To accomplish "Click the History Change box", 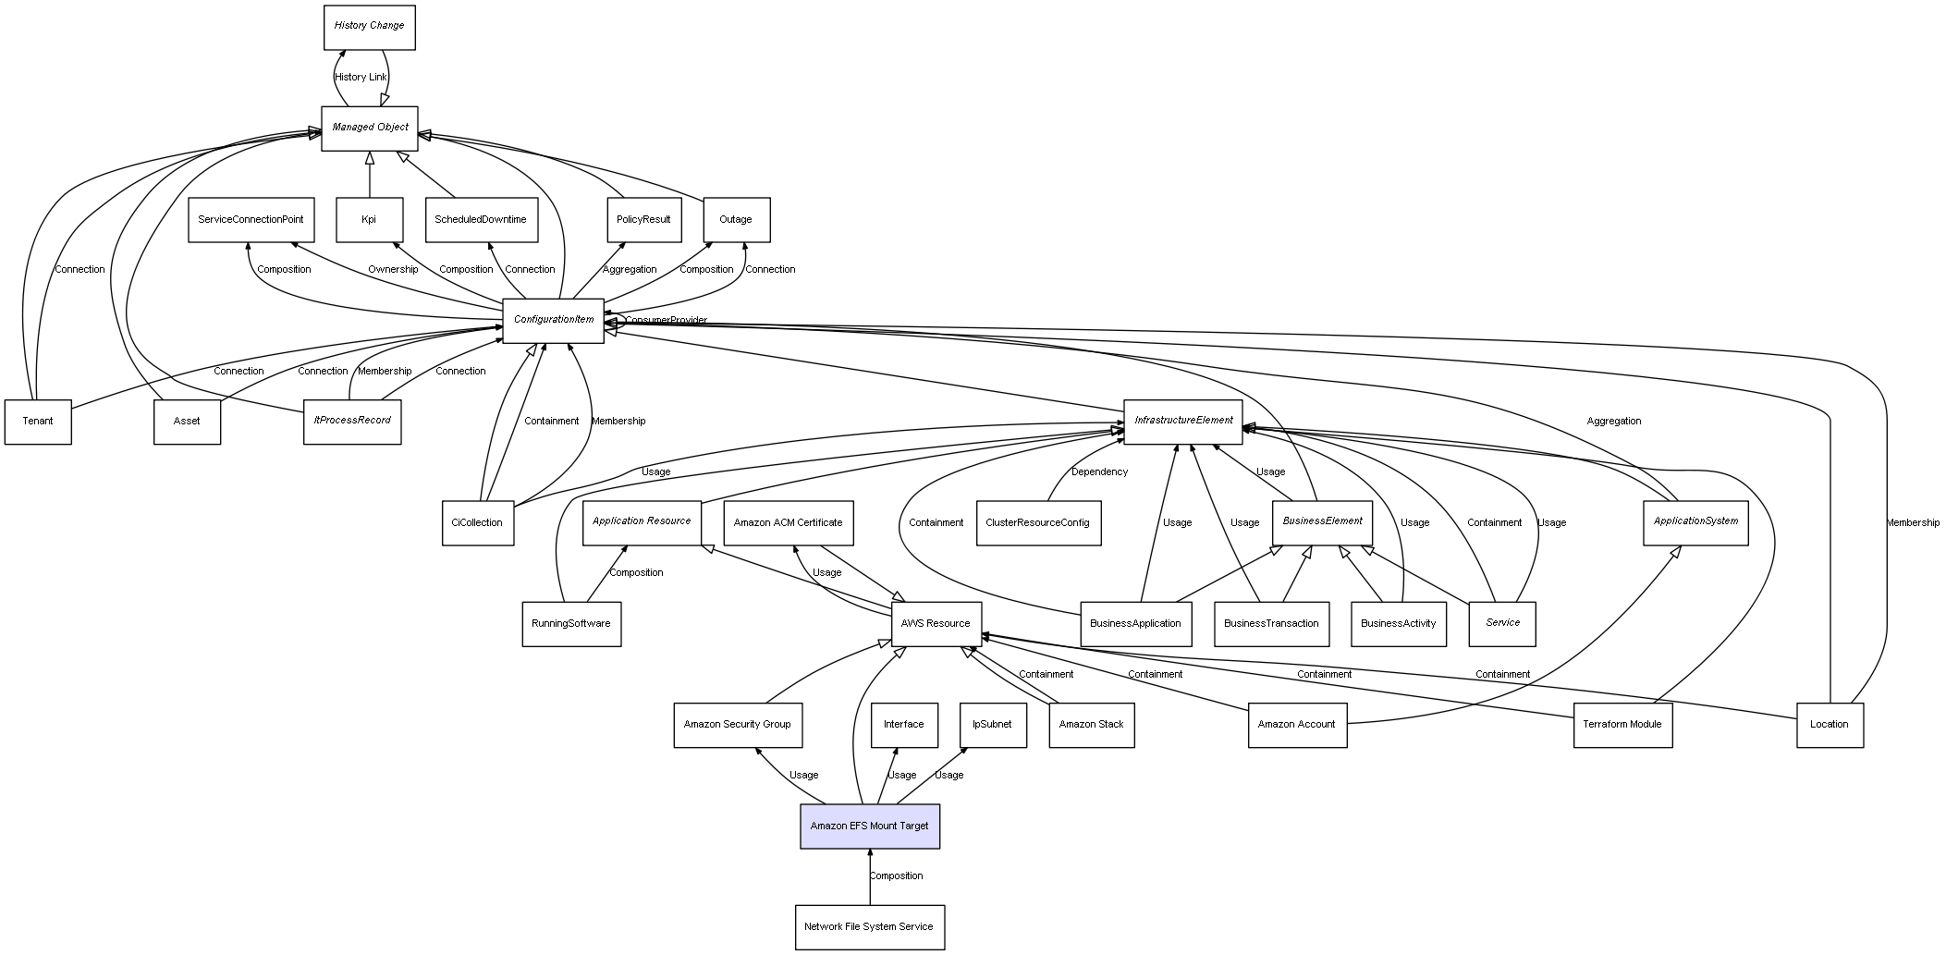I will click(x=369, y=27).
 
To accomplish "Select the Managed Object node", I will click(x=369, y=128).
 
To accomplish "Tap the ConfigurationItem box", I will click(x=553, y=320).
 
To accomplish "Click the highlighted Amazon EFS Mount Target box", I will click(x=869, y=826).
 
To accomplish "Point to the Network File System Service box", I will click(x=869, y=926).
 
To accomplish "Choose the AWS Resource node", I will click(x=936, y=623).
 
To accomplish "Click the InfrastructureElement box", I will click(x=1182, y=421).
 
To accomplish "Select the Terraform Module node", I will click(x=1622, y=724).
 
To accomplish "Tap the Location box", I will click(x=1829, y=724).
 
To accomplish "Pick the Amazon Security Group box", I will click(x=737, y=724).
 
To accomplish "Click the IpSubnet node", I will click(x=992, y=724).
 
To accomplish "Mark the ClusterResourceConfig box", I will click(x=1037, y=522).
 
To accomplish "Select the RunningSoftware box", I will click(x=570, y=623).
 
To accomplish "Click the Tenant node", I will click(x=38, y=421).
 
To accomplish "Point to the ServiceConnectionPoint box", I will click(x=251, y=219).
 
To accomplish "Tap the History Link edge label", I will click(x=361, y=77).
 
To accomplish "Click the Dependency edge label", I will click(x=1099, y=471).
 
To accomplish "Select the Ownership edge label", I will click(x=393, y=269).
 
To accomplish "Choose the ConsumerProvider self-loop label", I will click(x=666, y=320).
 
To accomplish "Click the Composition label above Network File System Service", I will click(x=896, y=875).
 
